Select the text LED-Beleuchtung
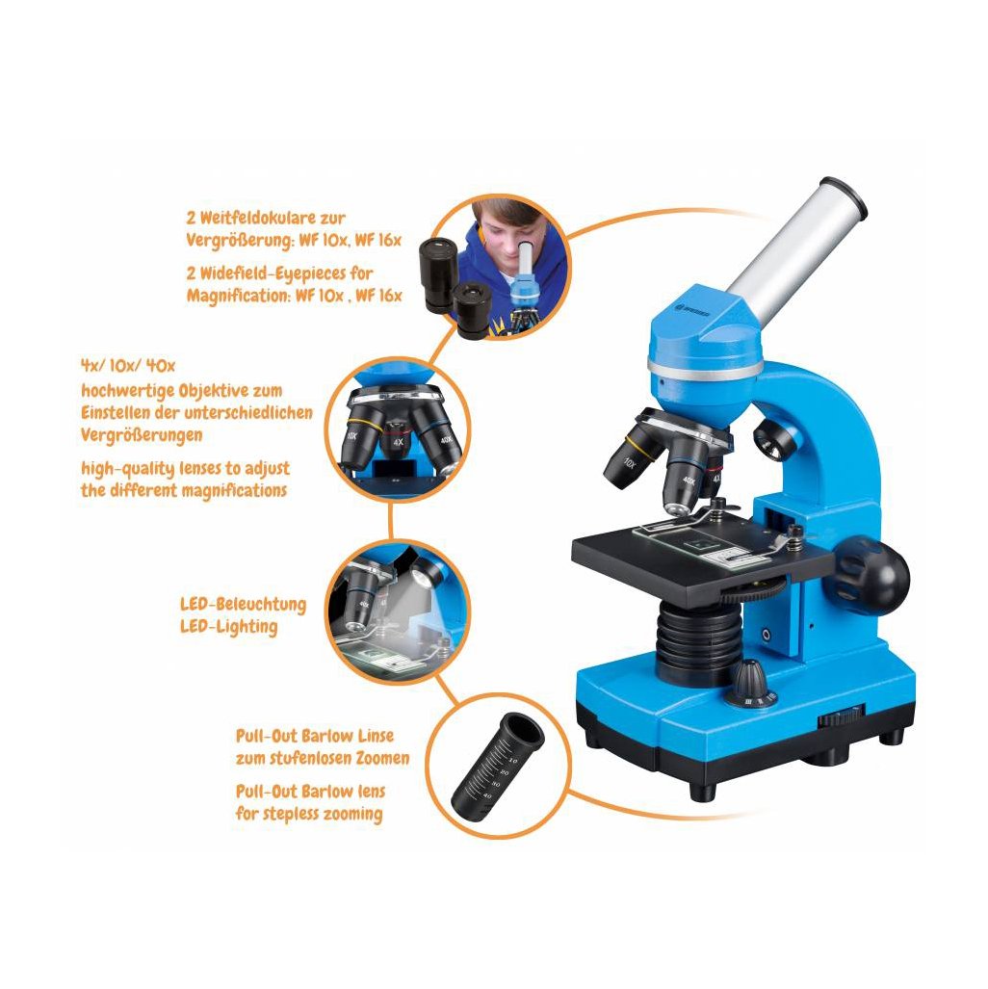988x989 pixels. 243,604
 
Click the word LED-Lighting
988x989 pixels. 228,627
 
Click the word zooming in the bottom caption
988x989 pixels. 352,815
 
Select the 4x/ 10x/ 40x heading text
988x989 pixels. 128,366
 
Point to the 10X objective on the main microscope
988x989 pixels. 632,456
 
